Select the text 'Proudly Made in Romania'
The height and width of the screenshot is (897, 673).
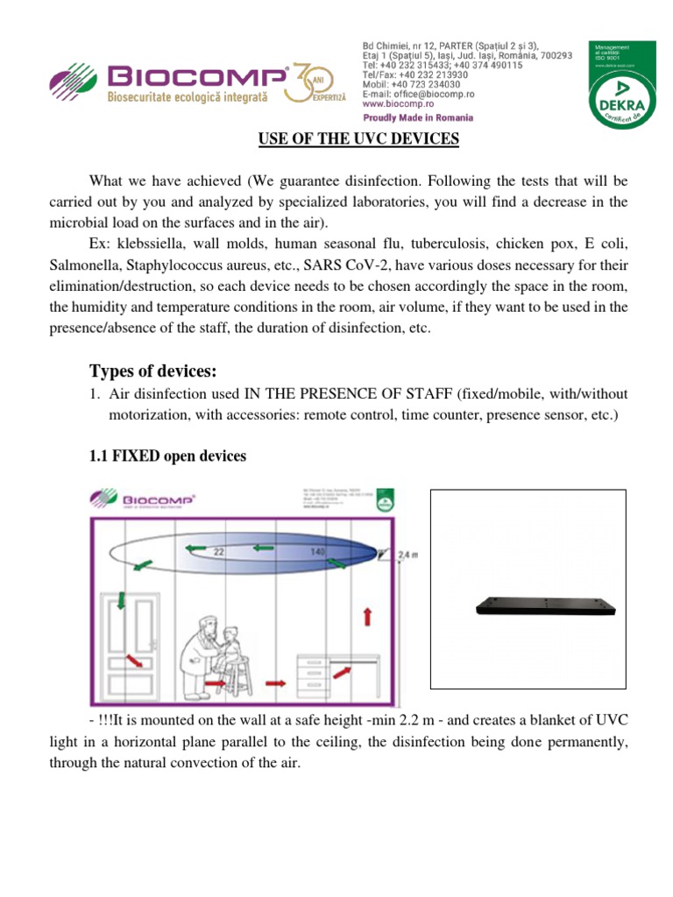[x=418, y=117]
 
